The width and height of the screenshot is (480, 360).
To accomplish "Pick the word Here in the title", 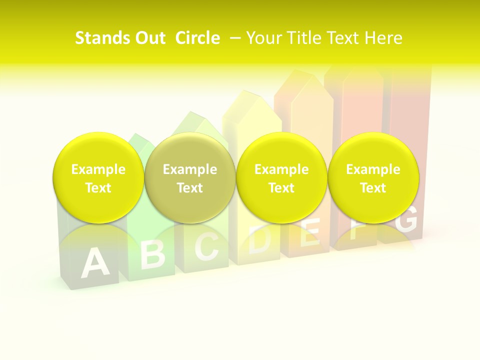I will [x=382, y=38].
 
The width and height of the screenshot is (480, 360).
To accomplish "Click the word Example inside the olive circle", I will [x=190, y=169].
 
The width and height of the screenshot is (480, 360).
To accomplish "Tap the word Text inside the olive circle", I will [x=190, y=188].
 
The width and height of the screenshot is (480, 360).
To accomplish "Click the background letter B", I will [x=152, y=253].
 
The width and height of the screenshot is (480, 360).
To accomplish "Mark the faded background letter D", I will [x=260, y=239].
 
